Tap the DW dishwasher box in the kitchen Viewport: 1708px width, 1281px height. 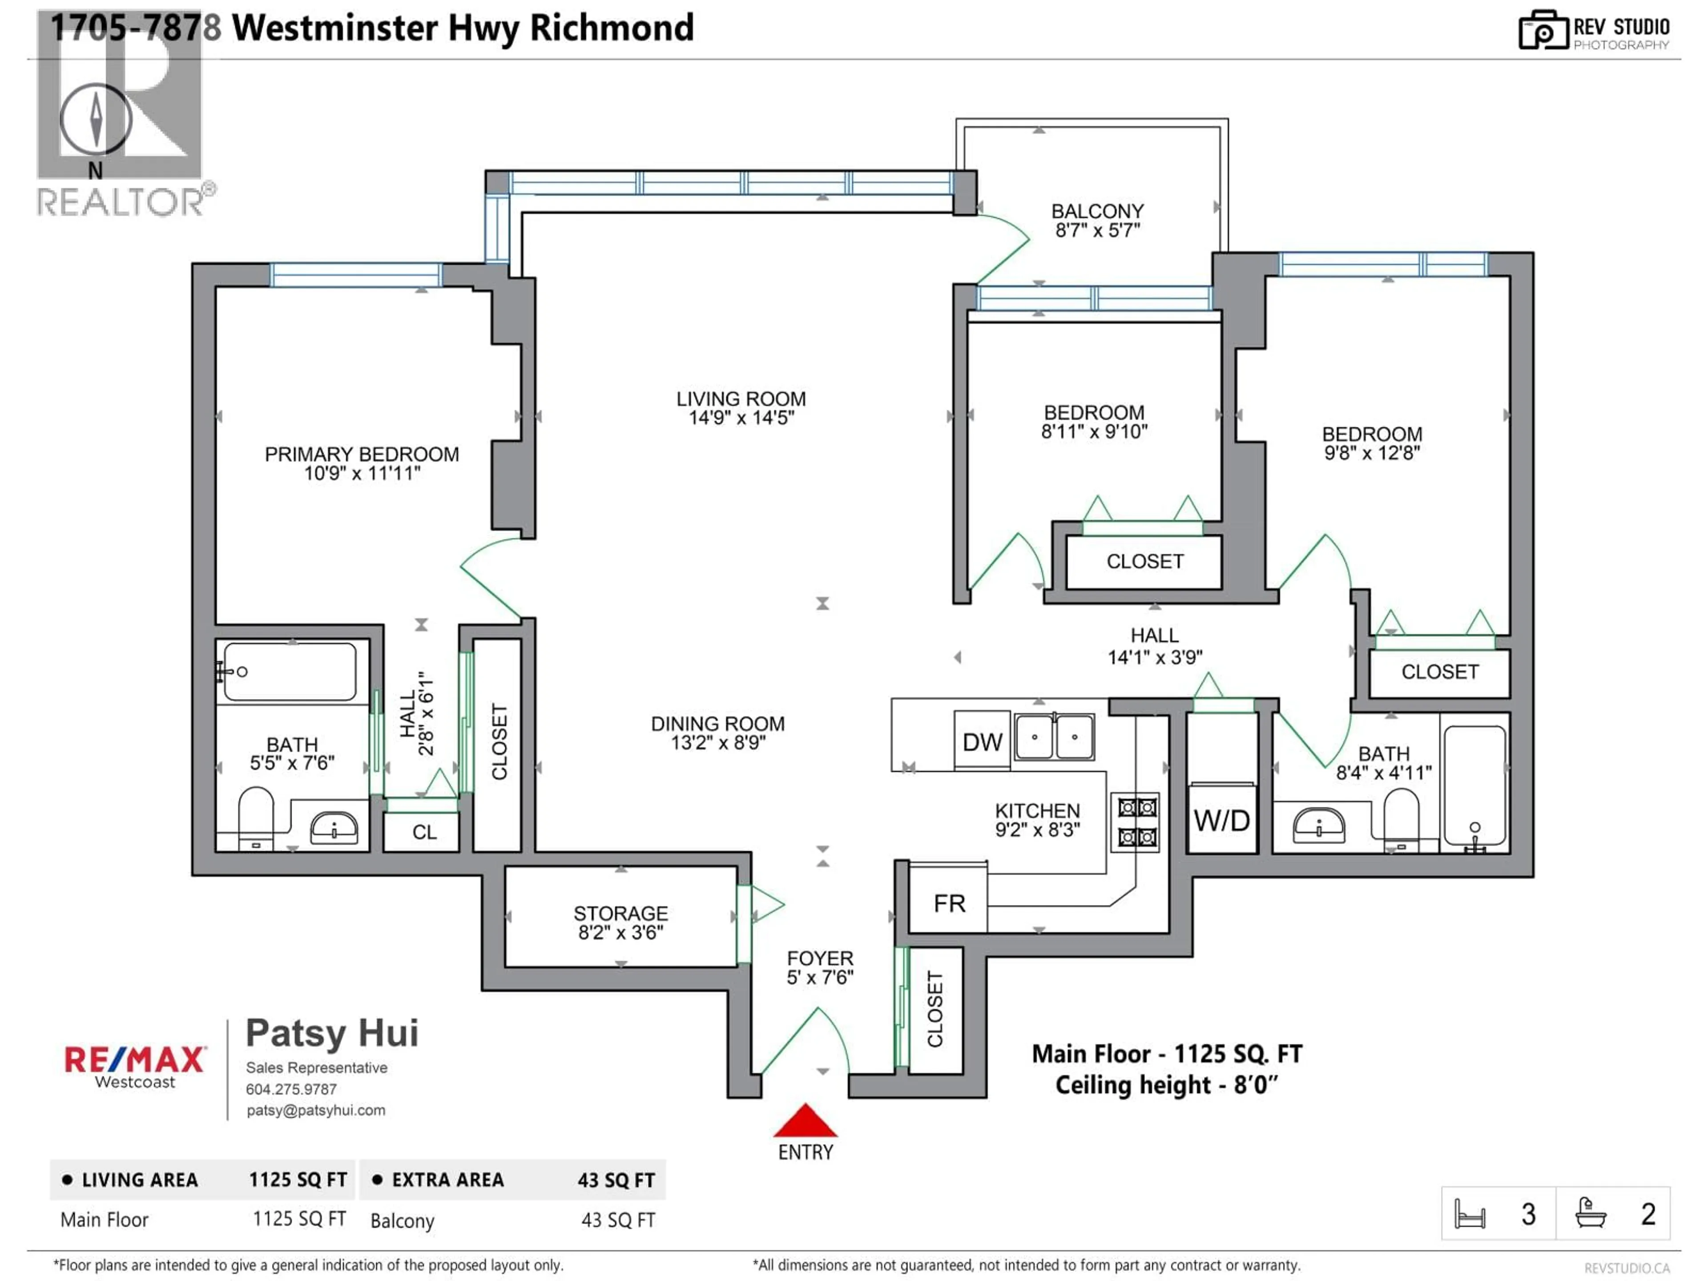[982, 742]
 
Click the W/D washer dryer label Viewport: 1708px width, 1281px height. [1221, 821]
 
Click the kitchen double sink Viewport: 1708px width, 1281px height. [1054, 737]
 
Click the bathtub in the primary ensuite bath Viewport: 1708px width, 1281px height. [290, 672]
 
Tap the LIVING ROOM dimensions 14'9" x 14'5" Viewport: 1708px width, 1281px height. [741, 418]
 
